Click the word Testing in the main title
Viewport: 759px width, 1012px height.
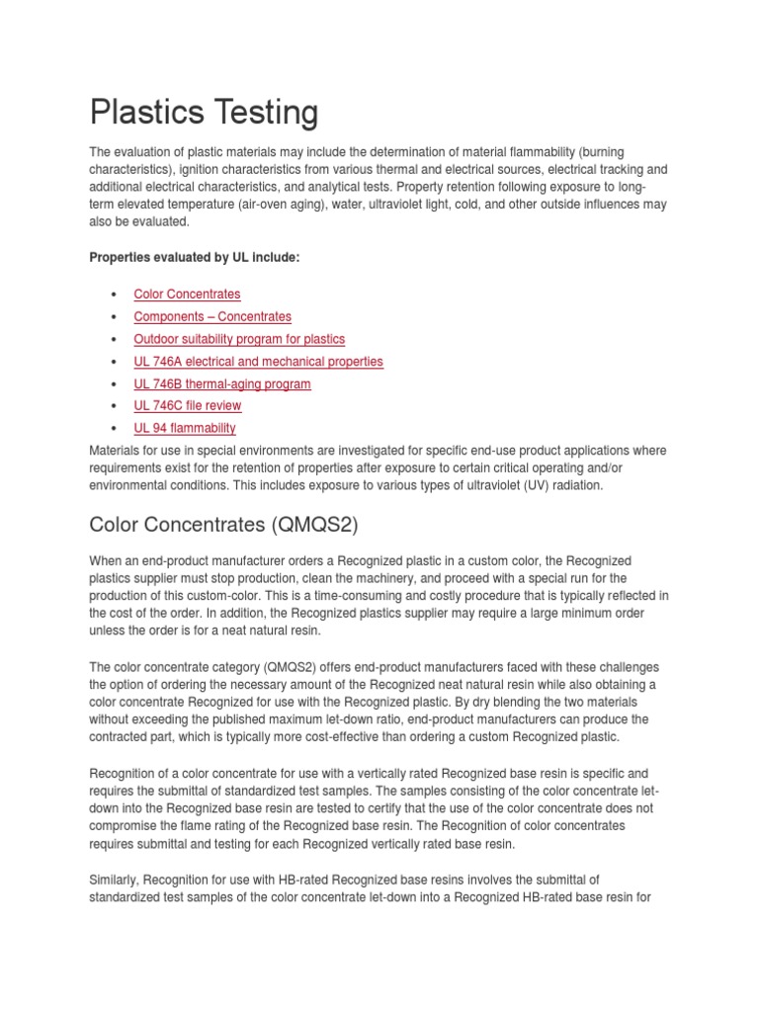pos(262,113)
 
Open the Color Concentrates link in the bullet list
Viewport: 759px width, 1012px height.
pos(187,294)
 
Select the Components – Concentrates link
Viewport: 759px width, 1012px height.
pos(212,316)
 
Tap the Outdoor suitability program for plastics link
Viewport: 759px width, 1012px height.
pos(239,339)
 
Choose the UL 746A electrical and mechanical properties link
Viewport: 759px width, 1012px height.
pos(258,362)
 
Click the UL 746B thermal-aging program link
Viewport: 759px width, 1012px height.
pos(222,383)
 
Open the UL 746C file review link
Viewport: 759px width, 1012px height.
pos(188,405)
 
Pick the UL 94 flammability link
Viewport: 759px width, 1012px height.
pos(185,428)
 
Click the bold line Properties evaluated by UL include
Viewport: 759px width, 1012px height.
pos(194,257)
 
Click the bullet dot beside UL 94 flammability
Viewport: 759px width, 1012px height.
pos(116,429)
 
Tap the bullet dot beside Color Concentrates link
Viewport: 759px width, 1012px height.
pos(116,295)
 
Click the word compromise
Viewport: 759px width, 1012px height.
pos(126,825)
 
